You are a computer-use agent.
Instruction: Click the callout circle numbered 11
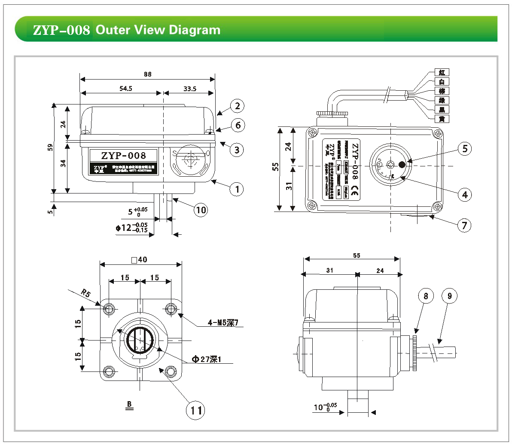tap(196, 410)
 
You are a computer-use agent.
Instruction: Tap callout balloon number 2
tap(237, 106)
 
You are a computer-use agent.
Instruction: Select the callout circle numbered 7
tap(464, 225)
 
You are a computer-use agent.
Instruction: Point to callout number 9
tap(449, 296)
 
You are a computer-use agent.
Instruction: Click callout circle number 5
tap(464, 149)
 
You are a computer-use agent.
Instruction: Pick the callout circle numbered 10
tap(201, 210)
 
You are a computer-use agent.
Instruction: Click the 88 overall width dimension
tap(147, 74)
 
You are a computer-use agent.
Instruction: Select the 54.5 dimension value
tap(125, 89)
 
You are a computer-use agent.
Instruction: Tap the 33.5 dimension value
tap(189, 89)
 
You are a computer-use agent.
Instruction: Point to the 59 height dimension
tap(51, 147)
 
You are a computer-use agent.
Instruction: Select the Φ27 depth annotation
tap(206, 359)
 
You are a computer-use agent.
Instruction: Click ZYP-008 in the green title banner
tap(61, 30)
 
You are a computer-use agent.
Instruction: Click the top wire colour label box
tap(442, 72)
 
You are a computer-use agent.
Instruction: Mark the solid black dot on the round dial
tap(402, 164)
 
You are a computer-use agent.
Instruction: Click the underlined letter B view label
tap(129, 404)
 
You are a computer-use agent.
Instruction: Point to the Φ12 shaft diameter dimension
tap(131, 228)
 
